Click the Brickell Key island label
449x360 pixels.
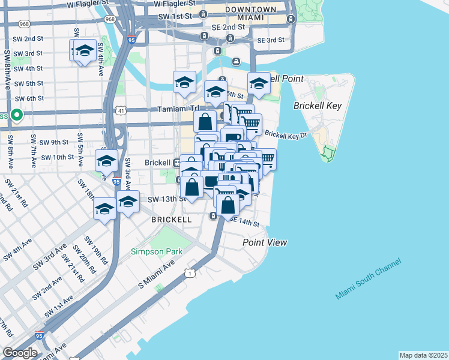click(x=317, y=106)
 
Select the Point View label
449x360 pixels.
click(x=265, y=242)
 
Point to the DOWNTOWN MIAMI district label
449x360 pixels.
click(x=252, y=14)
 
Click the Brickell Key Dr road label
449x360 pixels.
click(x=286, y=134)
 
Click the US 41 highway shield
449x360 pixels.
click(x=121, y=111)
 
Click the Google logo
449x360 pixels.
click(x=20, y=353)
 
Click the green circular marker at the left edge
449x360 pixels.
click(x=17, y=115)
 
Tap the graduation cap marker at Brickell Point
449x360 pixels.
click(x=259, y=83)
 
